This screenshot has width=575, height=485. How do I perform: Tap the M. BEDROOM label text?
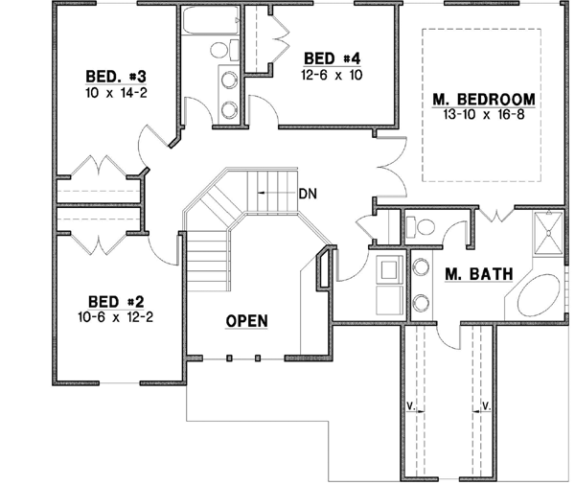(x=483, y=99)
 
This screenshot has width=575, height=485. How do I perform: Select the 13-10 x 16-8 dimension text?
(x=483, y=114)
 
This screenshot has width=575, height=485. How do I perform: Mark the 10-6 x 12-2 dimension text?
(x=114, y=314)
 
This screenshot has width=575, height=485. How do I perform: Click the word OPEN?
(x=246, y=320)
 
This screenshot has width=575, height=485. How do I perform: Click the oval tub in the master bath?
(x=541, y=296)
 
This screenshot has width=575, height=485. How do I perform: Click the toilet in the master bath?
(x=422, y=227)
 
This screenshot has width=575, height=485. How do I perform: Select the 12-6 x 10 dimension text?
(x=332, y=74)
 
